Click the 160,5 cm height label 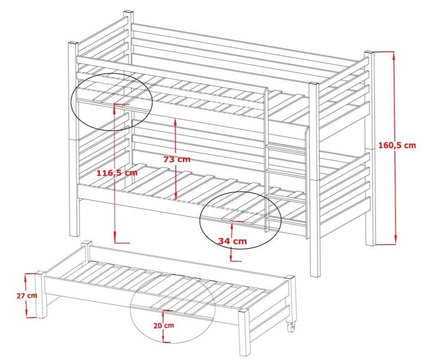(x=397, y=145)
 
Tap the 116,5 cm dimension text (x=117, y=173)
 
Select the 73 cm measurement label (x=177, y=159)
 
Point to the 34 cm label (x=233, y=241)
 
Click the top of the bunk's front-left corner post (x=73, y=43)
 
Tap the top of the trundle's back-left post (x=86, y=243)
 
